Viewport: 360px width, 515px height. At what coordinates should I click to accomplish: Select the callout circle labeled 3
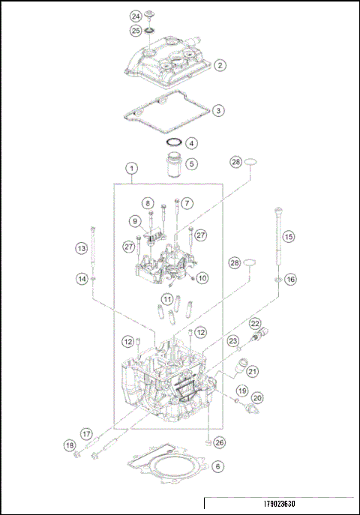tap(217, 110)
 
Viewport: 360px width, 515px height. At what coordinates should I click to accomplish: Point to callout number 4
tap(192, 142)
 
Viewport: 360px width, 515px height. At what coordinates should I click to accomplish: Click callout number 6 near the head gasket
tap(217, 466)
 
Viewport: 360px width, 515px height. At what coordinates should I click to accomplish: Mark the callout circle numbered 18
tap(70, 446)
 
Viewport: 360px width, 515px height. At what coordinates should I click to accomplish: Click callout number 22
tap(255, 323)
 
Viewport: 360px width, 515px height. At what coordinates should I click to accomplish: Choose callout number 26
tap(220, 442)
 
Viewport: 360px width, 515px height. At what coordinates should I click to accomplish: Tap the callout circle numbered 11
tap(168, 299)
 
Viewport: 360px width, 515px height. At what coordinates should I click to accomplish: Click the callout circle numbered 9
tap(135, 221)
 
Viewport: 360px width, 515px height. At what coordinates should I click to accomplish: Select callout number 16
tap(290, 279)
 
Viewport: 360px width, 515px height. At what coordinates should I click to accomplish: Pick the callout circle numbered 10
tap(202, 278)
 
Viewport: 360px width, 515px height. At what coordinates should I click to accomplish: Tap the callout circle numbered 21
tap(253, 371)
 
